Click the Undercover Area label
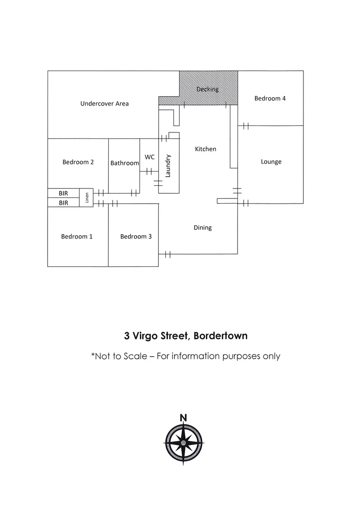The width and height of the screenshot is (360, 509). coord(105,104)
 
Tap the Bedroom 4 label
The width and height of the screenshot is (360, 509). coord(270,99)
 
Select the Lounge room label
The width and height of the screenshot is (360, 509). coord(271,162)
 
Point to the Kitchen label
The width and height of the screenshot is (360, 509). coord(205,149)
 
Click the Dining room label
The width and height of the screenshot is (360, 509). coord(203,228)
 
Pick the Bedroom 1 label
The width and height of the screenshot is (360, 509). coord(77,236)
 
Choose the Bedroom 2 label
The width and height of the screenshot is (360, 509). coord(78,162)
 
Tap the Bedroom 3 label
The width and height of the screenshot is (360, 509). coord(136,236)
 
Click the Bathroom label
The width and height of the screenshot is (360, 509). coord(125,163)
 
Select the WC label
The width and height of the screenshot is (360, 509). coord(149,157)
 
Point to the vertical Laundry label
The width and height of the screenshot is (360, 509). coord(168,166)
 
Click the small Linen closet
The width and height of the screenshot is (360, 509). coord(86,197)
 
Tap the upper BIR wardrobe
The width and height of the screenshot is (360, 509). coord(64,193)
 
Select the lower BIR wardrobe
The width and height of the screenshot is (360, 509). coord(64,203)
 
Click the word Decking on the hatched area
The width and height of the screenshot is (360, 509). coord(207,89)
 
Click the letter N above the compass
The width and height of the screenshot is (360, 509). coord(183,418)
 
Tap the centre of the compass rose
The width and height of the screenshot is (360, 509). coord(183,443)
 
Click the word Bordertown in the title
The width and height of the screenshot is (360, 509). coord(221,336)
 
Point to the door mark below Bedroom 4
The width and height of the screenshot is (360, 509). coord(246,126)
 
